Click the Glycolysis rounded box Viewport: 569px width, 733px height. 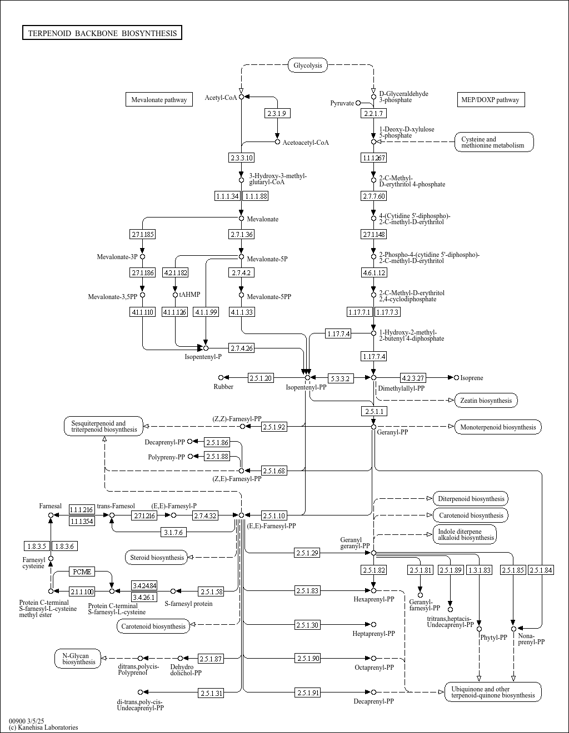coord(308,65)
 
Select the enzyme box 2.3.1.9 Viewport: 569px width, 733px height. coord(277,113)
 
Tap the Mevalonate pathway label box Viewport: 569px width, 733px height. coord(159,99)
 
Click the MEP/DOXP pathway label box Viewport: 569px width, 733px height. coord(491,99)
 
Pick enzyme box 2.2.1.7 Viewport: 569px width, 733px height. coord(373,113)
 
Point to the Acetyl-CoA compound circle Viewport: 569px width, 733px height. coord(242,97)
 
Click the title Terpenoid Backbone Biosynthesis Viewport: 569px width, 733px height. coord(102,33)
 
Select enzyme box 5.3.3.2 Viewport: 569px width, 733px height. coord(341,378)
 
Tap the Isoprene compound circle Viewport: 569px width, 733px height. coord(457,377)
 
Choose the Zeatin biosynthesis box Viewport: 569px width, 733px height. coord(486,401)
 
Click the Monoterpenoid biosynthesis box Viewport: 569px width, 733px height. coord(498,427)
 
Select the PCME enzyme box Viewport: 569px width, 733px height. coord(82,572)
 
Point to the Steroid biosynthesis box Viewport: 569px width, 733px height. coord(157,557)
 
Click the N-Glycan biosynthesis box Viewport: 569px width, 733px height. coord(78,659)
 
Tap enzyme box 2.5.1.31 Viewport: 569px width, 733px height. coord(211,693)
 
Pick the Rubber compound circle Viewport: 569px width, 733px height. coord(221,377)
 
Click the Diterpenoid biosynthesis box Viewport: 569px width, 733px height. coord(471,498)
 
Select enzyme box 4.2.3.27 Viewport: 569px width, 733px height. coord(413,378)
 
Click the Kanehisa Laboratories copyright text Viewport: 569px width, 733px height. coord(43,727)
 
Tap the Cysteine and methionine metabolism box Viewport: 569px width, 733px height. coord(495,142)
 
